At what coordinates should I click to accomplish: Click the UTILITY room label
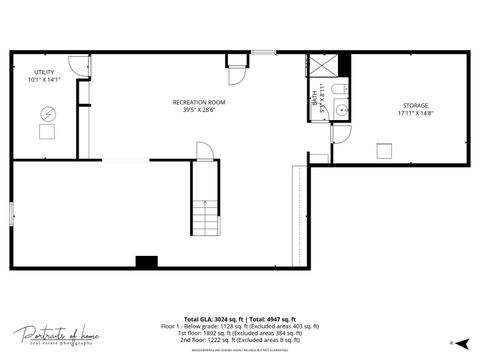[x=44, y=72]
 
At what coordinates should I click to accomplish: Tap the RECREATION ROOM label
[x=199, y=103]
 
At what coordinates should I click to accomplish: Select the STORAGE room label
[x=416, y=105]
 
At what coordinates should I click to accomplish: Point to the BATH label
[x=314, y=99]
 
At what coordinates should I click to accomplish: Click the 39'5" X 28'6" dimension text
[x=199, y=111]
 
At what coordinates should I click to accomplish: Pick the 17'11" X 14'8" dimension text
[x=416, y=113]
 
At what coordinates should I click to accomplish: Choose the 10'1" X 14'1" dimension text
[x=45, y=80]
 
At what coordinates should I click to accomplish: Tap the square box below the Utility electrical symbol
[x=47, y=132]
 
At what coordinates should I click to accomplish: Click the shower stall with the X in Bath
[x=324, y=65]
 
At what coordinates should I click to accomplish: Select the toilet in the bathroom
[x=341, y=90]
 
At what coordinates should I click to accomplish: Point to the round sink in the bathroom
[x=340, y=109]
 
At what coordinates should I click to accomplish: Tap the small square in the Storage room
[x=383, y=150]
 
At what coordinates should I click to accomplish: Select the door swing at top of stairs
[x=203, y=152]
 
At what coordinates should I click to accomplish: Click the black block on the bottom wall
[x=147, y=262]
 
